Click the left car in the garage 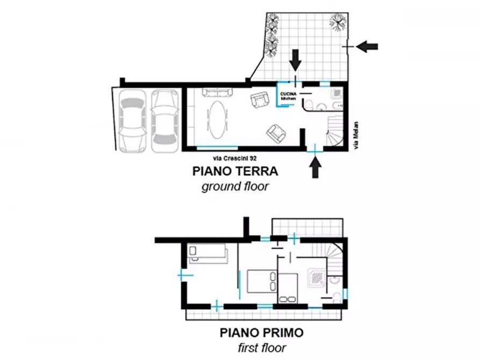[132, 120]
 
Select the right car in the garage [164, 120]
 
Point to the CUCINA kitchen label [289, 96]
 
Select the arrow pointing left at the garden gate [368, 47]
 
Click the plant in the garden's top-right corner [338, 23]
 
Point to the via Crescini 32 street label [235, 159]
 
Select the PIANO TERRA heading [235, 172]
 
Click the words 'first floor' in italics [262, 348]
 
